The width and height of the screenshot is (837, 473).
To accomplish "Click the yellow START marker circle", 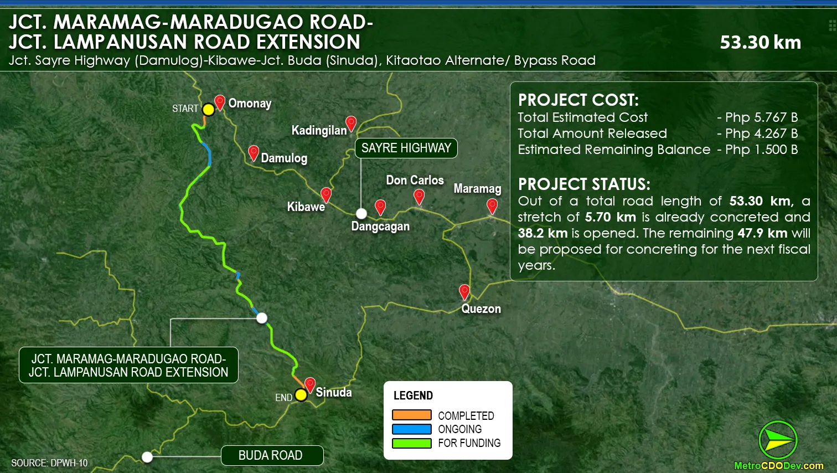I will coord(208,109).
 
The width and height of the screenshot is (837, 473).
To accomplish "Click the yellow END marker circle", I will coord(301,395).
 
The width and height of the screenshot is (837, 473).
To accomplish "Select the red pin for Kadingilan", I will coord(350,123).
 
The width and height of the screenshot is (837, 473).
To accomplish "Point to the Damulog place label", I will coord(284,158).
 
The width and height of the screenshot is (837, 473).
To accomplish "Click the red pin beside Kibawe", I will coord(326,194).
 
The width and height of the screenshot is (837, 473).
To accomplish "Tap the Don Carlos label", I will coord(415,181).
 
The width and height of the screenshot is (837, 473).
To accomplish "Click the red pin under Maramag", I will coord(492,206).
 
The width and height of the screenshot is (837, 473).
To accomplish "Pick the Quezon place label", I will coord(481,309).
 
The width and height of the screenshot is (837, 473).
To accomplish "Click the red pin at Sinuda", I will coord(310,384).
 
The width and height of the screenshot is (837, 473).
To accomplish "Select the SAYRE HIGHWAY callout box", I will coord(406,148).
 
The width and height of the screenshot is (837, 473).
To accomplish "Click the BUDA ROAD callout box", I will coord(272,455).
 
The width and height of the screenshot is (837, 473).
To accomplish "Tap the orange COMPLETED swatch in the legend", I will coord(411,415).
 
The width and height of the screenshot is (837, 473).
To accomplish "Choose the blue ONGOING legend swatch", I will coord(411,429).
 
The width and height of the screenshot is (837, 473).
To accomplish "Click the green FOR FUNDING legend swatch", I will coord(411,443).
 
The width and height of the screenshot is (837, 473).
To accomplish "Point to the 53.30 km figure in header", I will coord(760,43).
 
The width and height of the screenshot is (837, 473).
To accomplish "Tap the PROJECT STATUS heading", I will coord(583,184).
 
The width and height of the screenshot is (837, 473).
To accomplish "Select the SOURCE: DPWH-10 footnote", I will coord(49,463).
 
